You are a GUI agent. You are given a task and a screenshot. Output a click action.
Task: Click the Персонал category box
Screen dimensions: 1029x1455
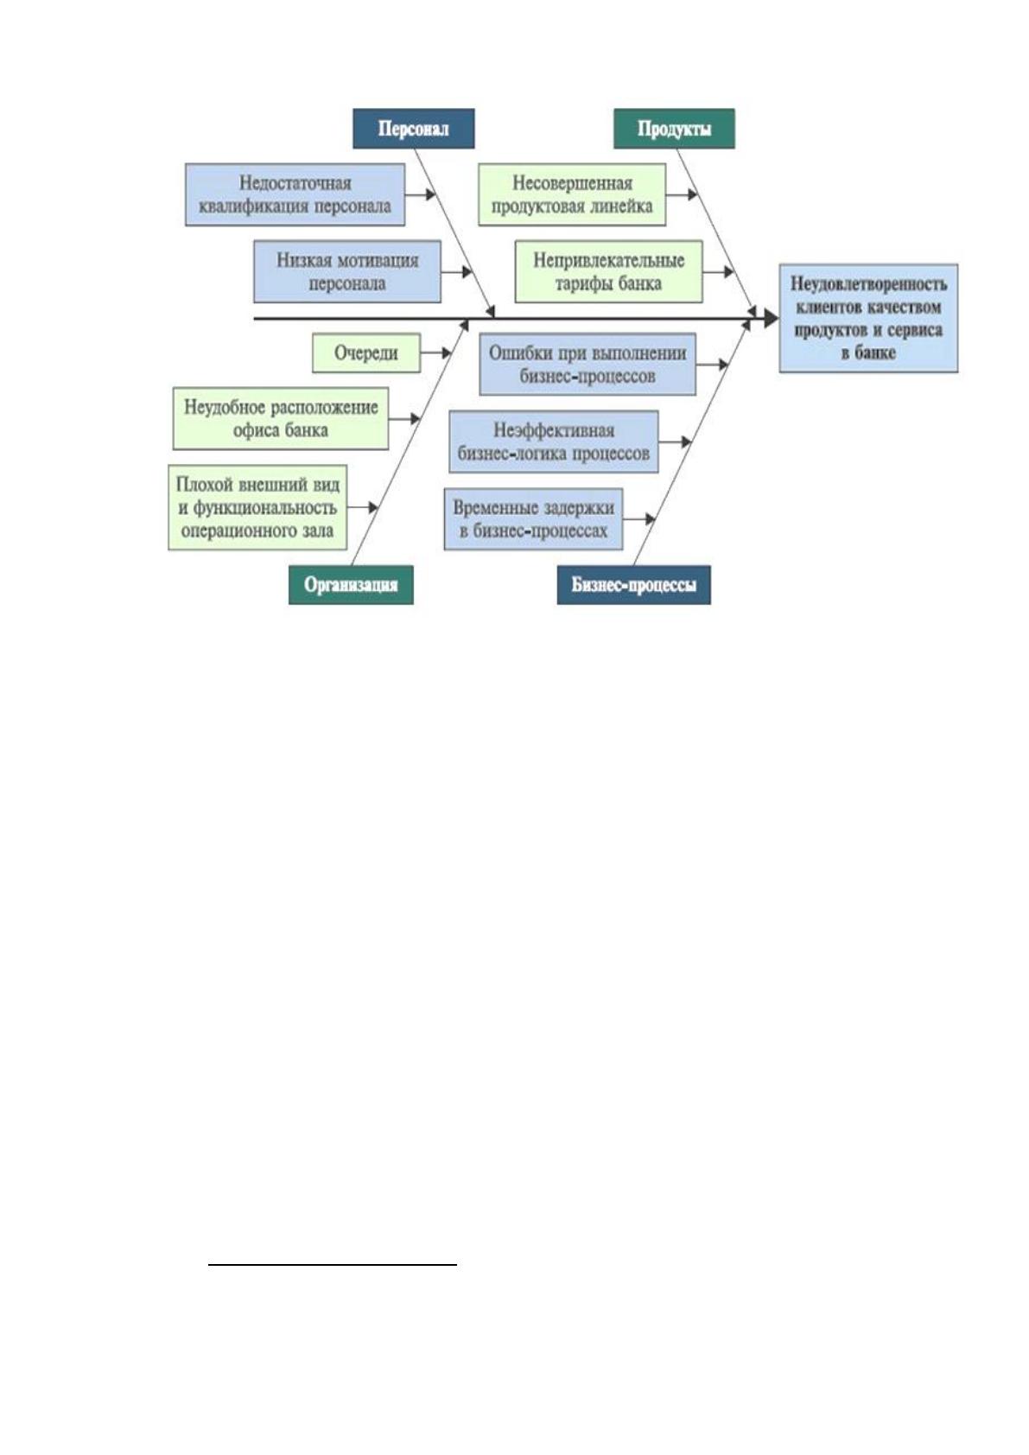pyautogui.click(x=413, y=129)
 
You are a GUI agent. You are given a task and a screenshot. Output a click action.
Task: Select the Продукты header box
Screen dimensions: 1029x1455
pyautogui.click(x=674, y=129)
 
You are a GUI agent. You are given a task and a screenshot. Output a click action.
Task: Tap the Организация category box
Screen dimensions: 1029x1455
pyautogui.click(x=351, y=585)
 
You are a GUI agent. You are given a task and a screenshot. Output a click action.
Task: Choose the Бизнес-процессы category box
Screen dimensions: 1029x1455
pyautogui.click(x=633, y=585)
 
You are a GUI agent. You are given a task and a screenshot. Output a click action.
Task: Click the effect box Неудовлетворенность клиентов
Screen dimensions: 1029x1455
pyautogui.click(x=868, y=318)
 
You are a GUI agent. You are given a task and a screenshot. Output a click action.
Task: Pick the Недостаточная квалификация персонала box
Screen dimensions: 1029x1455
pyautogui.click(x=295, y=194)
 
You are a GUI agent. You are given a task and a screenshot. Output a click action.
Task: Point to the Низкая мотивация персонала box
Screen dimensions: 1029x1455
pyautogui.click(x=347, y=271)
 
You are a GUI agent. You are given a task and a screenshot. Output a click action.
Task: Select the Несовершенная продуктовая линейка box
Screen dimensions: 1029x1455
pyautogui.click(x=572, y=194)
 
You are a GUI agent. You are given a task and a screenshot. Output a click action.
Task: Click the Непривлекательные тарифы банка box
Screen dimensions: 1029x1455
pyautogui.click(x=609, y=271)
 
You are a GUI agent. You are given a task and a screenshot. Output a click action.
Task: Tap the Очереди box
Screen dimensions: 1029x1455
pyautogui.click(x=366, y=353)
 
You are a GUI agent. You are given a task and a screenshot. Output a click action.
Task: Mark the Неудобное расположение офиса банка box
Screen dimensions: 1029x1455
pyautogui.click(x=281, y=418)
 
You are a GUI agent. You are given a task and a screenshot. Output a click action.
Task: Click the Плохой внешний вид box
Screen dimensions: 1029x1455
pyautogui.click(x=257, y=507)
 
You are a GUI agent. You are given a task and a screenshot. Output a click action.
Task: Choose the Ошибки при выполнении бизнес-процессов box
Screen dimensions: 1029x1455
pyautogui.click(x=588, y=365)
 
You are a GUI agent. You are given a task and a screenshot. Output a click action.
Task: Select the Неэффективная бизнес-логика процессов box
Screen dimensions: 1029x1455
pyautogui.click(x=554, y=442)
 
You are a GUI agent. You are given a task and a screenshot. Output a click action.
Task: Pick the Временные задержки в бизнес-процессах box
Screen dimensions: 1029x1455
pyautogui.click(x=533, y=519)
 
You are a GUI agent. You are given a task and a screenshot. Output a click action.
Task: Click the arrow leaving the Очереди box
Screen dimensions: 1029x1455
pyautogui.click(x=436, y=353)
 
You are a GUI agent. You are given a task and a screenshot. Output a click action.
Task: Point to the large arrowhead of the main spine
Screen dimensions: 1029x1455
pyautogui.click(x=771, y=318)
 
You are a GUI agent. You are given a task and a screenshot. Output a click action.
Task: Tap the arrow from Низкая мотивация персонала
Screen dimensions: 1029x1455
pyautogui.click(x=457, y=271)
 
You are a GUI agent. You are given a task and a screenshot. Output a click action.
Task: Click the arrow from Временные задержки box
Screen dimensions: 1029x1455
pyautogui.click(x=639, y=519)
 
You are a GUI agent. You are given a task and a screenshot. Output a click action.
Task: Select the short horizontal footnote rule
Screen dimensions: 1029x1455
pyautogui.click(x=333, y=1265)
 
